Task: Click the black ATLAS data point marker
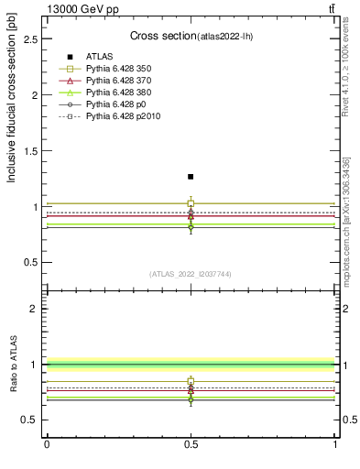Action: pos(191,176)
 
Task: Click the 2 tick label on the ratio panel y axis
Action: pos(37,309)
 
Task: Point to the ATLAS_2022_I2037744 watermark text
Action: pos(191,274)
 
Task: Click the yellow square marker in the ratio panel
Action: pos(191,380)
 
